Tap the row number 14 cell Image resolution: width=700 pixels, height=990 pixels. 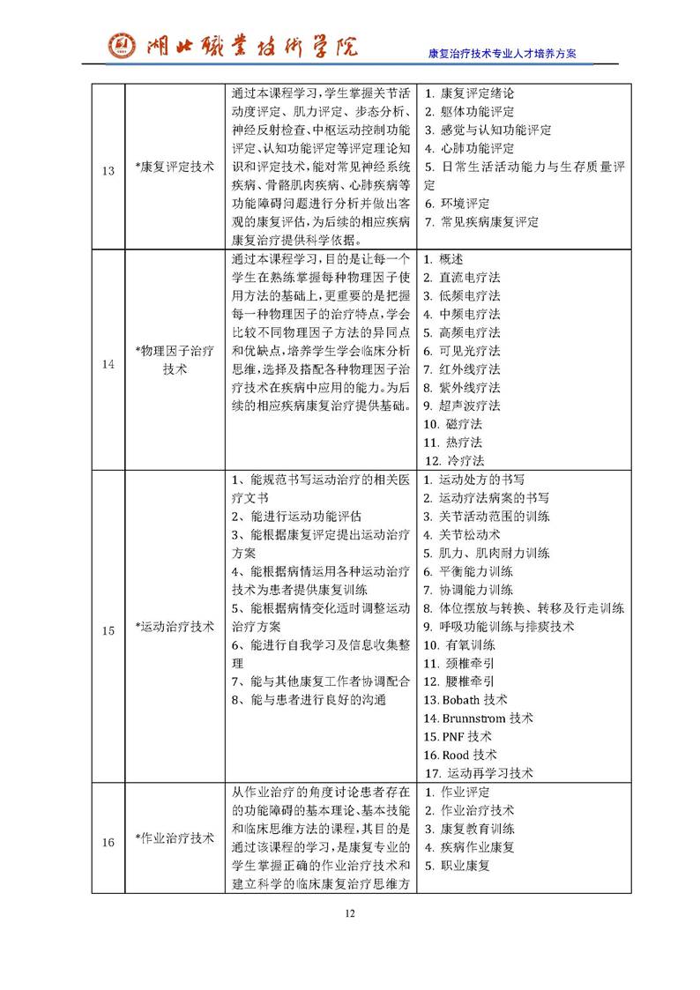(108, 360)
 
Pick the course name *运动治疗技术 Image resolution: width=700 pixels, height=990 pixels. (175, 627)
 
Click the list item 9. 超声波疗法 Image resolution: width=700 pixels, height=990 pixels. (461, 406)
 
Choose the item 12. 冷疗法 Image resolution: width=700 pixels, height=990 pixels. (455, 460)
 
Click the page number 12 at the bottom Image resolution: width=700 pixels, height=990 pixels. (350, 912)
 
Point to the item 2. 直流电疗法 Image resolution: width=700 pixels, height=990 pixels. (461, 277)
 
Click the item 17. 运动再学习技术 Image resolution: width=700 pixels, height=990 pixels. (479, 773)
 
